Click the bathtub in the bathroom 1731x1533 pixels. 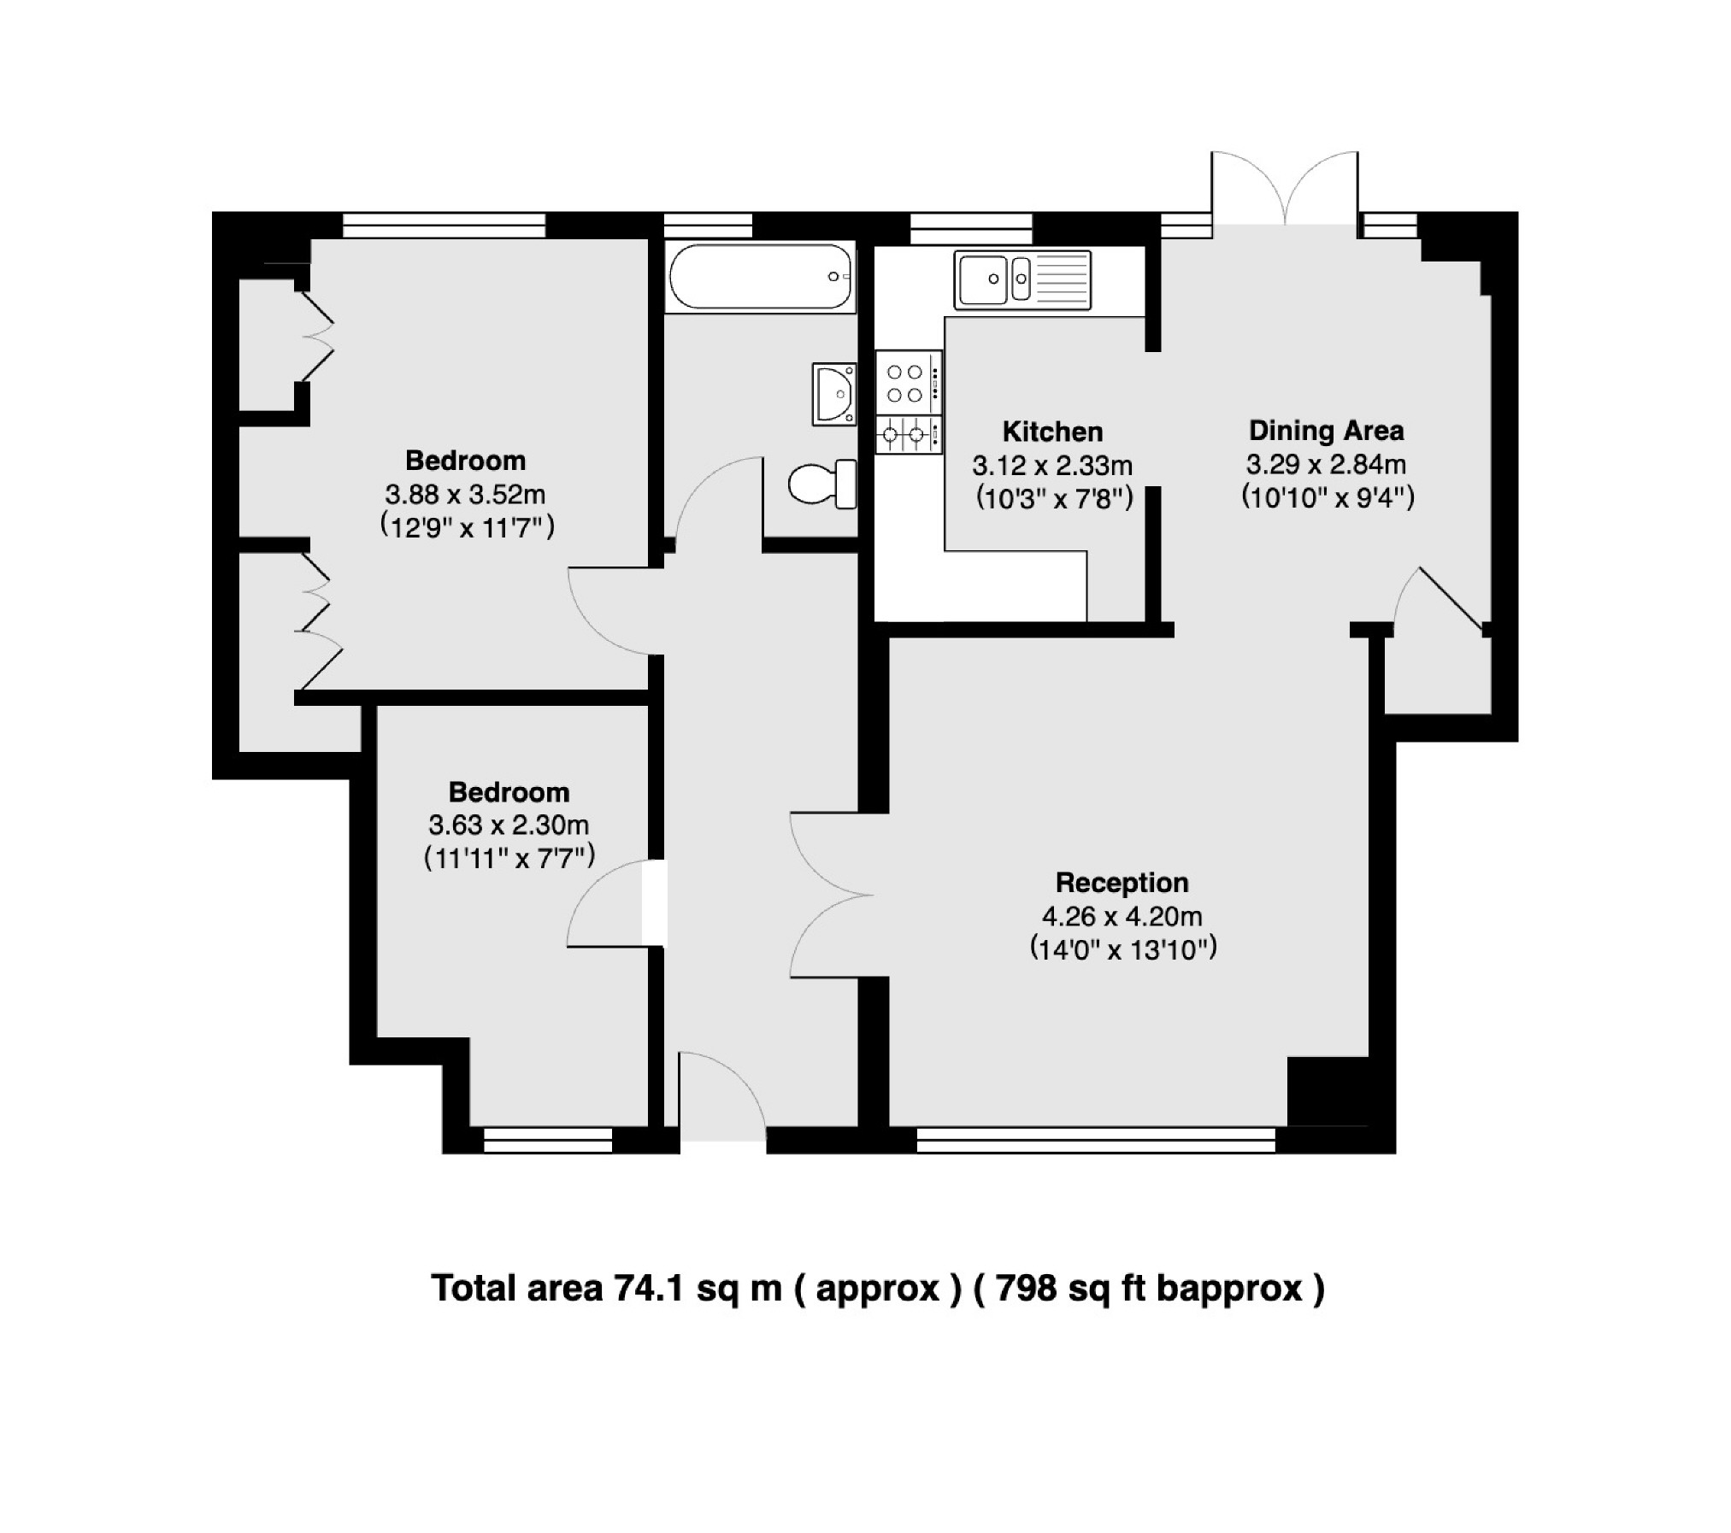[760, 277]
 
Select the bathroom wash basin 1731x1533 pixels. [834, 394]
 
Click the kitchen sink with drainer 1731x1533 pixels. [1022, 279]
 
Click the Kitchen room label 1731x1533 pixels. [1051, 432]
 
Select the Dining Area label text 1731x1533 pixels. [1326, 431]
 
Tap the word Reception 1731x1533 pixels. [1122, 882]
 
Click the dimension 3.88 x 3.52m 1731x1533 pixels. [465, 494]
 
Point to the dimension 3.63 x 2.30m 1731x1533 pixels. [509, 825]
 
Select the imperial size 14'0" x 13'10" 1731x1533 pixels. [1122, 949]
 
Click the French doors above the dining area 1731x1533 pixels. [1285, 192]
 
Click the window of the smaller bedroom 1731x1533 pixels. [547, 1140]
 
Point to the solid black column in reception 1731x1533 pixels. [1327, 1091]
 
